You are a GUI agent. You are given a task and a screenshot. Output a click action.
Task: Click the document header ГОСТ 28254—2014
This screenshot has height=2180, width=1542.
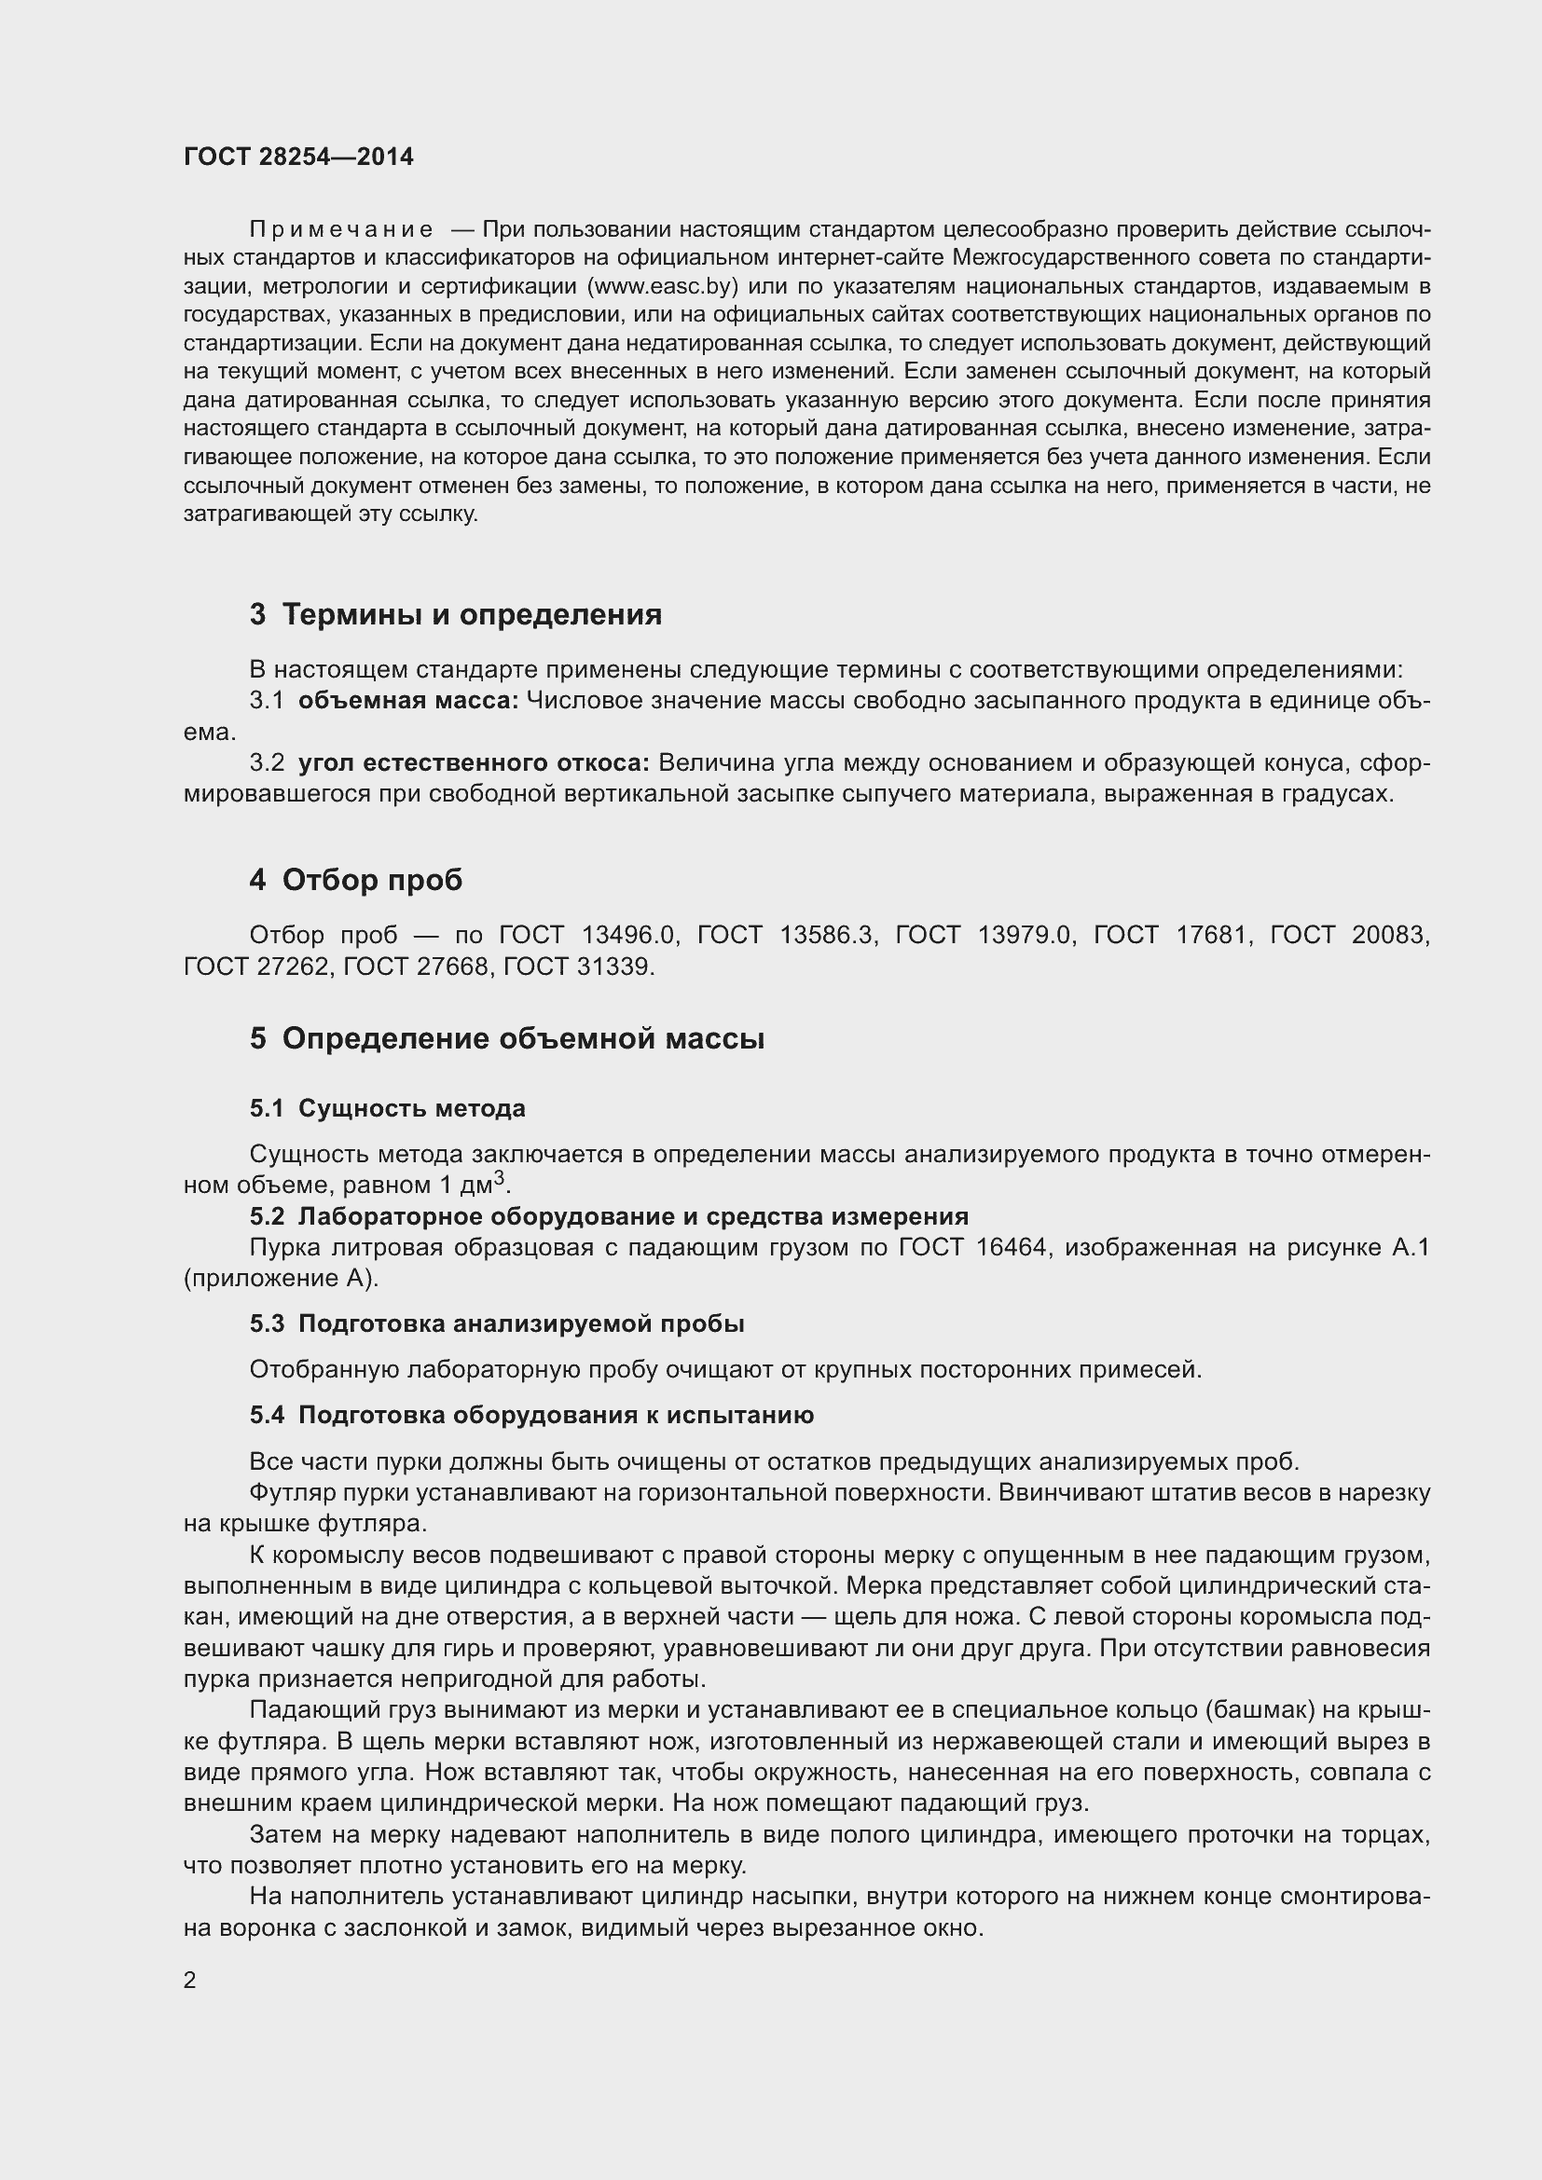pos(298,158)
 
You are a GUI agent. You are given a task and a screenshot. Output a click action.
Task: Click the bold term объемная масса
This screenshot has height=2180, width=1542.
pos(408,701)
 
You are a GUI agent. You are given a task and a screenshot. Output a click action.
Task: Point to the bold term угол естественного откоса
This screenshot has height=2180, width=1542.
pos(473,762)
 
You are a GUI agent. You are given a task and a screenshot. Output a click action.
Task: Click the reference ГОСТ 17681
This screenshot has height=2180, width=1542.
pos(1170,935)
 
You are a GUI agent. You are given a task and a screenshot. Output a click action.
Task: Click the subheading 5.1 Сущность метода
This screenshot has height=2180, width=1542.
pos(388,1108)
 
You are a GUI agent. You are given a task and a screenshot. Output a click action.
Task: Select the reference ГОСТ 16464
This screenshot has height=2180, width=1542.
pos(972,1247)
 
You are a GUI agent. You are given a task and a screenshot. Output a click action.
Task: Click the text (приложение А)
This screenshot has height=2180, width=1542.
pos(281,1278)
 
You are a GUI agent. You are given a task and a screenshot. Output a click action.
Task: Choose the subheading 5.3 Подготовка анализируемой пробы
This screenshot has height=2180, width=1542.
pos(497,1323)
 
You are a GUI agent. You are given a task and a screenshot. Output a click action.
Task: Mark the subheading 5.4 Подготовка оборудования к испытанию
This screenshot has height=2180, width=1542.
pos(531,1415)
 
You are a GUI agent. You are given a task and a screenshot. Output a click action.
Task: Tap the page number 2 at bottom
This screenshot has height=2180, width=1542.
pos(190,1980)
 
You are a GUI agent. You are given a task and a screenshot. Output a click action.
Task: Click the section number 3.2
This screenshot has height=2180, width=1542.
pos(267,762)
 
